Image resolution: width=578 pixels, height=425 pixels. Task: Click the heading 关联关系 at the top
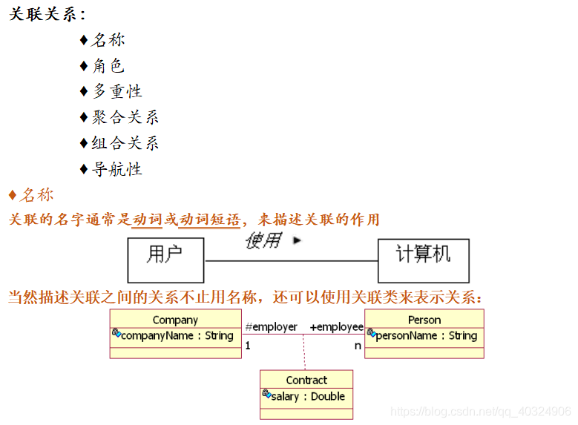46,14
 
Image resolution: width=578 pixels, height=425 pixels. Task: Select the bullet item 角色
108,66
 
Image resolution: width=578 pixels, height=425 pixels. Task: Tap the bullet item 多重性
116,91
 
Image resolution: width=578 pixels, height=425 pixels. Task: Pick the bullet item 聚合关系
125,117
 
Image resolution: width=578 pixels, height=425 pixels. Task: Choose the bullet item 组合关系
125,143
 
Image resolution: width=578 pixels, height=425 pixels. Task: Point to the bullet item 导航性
116,169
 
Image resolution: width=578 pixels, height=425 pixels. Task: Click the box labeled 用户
165,255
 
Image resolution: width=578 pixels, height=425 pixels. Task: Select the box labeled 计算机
423,255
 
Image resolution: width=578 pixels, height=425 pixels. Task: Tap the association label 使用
263,240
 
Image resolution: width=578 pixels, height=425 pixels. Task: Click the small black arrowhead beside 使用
298,240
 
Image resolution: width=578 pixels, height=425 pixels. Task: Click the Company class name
175,320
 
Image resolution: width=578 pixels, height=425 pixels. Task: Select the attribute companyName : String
177,335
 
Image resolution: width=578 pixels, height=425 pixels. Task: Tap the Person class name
424,320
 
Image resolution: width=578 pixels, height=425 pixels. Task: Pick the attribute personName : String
426,335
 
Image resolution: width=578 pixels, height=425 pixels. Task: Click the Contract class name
306,380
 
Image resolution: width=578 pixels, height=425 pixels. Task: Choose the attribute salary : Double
307,396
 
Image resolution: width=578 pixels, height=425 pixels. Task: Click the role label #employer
271,327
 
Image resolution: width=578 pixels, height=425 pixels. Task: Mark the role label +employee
336,327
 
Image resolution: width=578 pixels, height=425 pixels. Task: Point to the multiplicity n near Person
358,345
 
